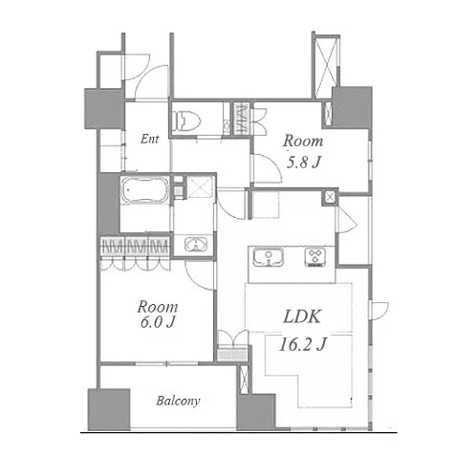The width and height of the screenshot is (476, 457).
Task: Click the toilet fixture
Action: point(185,120)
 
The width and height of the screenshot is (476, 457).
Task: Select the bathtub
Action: point(145,190)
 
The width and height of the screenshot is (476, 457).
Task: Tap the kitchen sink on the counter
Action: point(269,257)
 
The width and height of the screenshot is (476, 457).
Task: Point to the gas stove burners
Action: point(315,256)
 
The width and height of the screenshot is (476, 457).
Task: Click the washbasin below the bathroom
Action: point(195,245)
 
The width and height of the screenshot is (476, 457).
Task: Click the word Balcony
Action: point(178,401)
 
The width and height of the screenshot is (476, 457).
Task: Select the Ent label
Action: point(149,139)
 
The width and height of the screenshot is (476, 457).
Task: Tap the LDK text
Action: point(302,316)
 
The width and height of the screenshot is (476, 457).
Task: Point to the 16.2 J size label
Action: point(302,344)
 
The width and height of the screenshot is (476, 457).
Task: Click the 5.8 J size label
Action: point(303,163)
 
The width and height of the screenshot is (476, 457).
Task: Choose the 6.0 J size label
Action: point(158,322)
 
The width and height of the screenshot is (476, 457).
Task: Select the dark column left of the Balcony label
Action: point(109,409)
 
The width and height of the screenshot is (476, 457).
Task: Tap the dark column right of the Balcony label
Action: point(256,412)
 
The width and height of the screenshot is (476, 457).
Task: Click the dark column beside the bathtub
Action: point(109,203)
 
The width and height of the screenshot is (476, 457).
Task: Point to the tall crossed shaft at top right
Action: point(325,66)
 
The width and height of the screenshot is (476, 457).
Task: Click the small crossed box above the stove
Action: point(331,197)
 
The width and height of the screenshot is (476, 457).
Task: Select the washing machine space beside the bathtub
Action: point(200,187)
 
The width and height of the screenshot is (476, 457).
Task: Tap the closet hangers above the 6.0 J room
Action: point(135,247)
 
